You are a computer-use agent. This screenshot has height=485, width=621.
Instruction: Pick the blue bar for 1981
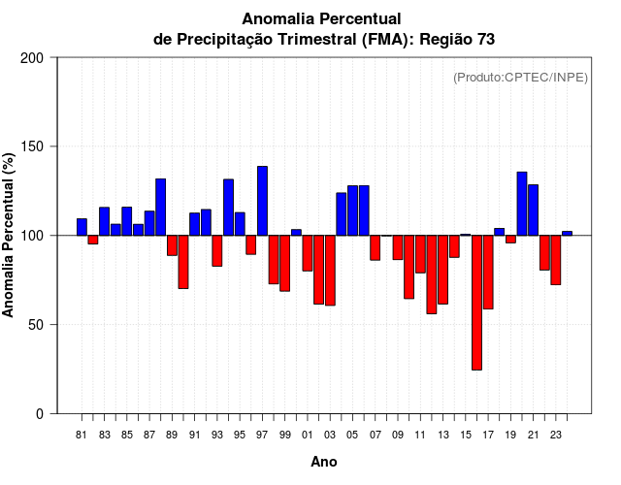[x=82, y=227]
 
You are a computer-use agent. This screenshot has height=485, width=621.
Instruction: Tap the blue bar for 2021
[x=533, y=210]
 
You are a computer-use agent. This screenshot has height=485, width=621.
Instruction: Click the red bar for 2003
[x=330, y=271]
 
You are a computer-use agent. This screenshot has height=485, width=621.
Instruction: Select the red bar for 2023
[x=556, y=260]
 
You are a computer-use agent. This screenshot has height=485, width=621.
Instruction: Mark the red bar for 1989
[x=172, y=245]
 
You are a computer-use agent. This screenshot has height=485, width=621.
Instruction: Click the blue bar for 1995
[x=240, y=224]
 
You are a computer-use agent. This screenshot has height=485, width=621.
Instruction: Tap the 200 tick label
[x=32, y=58]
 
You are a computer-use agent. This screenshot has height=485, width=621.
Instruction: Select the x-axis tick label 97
[x=262, y=435]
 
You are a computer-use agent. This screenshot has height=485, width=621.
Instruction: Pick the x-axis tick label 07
[x=376, y=435]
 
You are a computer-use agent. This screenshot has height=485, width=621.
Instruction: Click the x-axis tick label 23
[x=556, y=435]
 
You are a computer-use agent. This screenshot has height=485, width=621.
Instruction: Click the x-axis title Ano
[x=324, y=463]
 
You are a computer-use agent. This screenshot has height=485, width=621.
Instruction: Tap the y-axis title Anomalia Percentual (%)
[x=10, y=235]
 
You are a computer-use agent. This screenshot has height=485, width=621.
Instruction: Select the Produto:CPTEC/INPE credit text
[x=520, y=77]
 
